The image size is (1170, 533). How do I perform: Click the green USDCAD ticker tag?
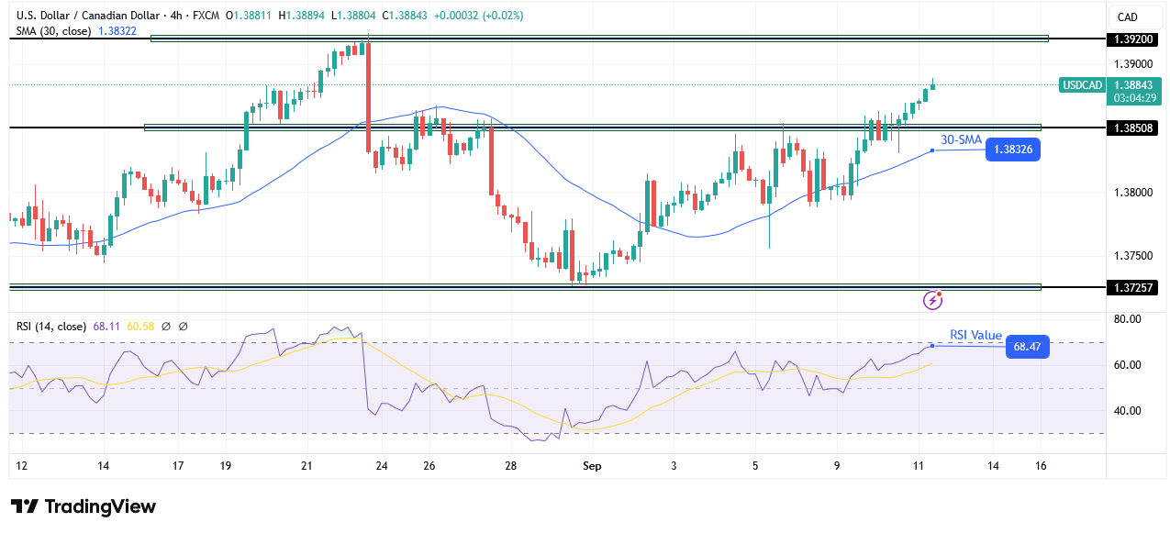[x=1081, y=84]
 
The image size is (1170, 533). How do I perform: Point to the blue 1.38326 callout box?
[x=1012, y=150]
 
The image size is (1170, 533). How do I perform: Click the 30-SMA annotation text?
[x=961, y=139]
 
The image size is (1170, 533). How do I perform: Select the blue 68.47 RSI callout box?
[x=1027, y=347]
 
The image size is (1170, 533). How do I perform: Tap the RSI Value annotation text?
[x=975, y=336]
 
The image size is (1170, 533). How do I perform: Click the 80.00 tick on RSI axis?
[x=1128, y=319]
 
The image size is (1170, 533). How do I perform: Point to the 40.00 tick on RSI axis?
[x=1128, y=410]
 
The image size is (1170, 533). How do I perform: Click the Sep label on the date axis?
[x=592, y=466]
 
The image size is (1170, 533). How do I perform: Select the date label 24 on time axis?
[x=382, y=466]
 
